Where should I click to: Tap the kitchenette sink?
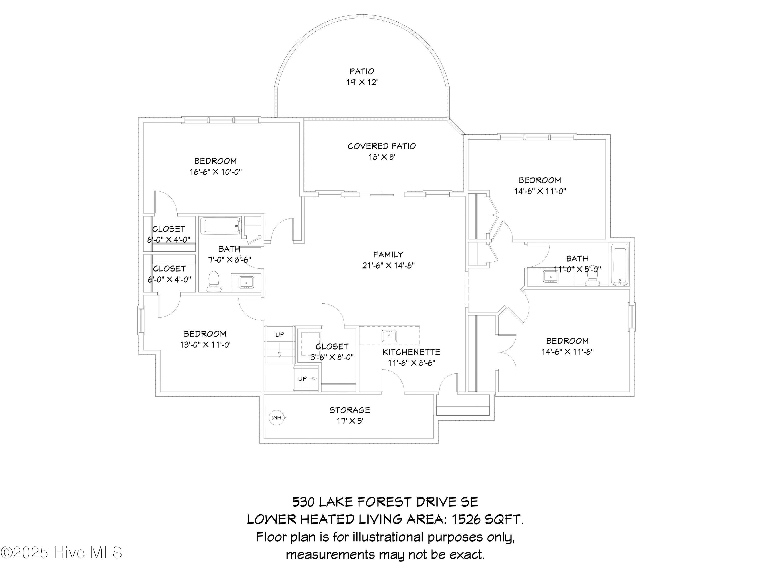tap(389, 336)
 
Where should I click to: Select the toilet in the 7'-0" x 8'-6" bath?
tap(214, 281)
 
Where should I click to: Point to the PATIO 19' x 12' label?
tap(362, 77)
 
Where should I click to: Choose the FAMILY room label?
tap(388, 255)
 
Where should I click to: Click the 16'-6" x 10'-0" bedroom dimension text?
tap(216, 172)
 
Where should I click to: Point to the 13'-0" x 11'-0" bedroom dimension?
tap(205, 345)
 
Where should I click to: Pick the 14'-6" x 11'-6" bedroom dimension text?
tap(568, 352)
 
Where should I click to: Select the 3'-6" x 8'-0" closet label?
tap(332, 352)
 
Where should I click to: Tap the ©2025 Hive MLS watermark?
tap(62, 553)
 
